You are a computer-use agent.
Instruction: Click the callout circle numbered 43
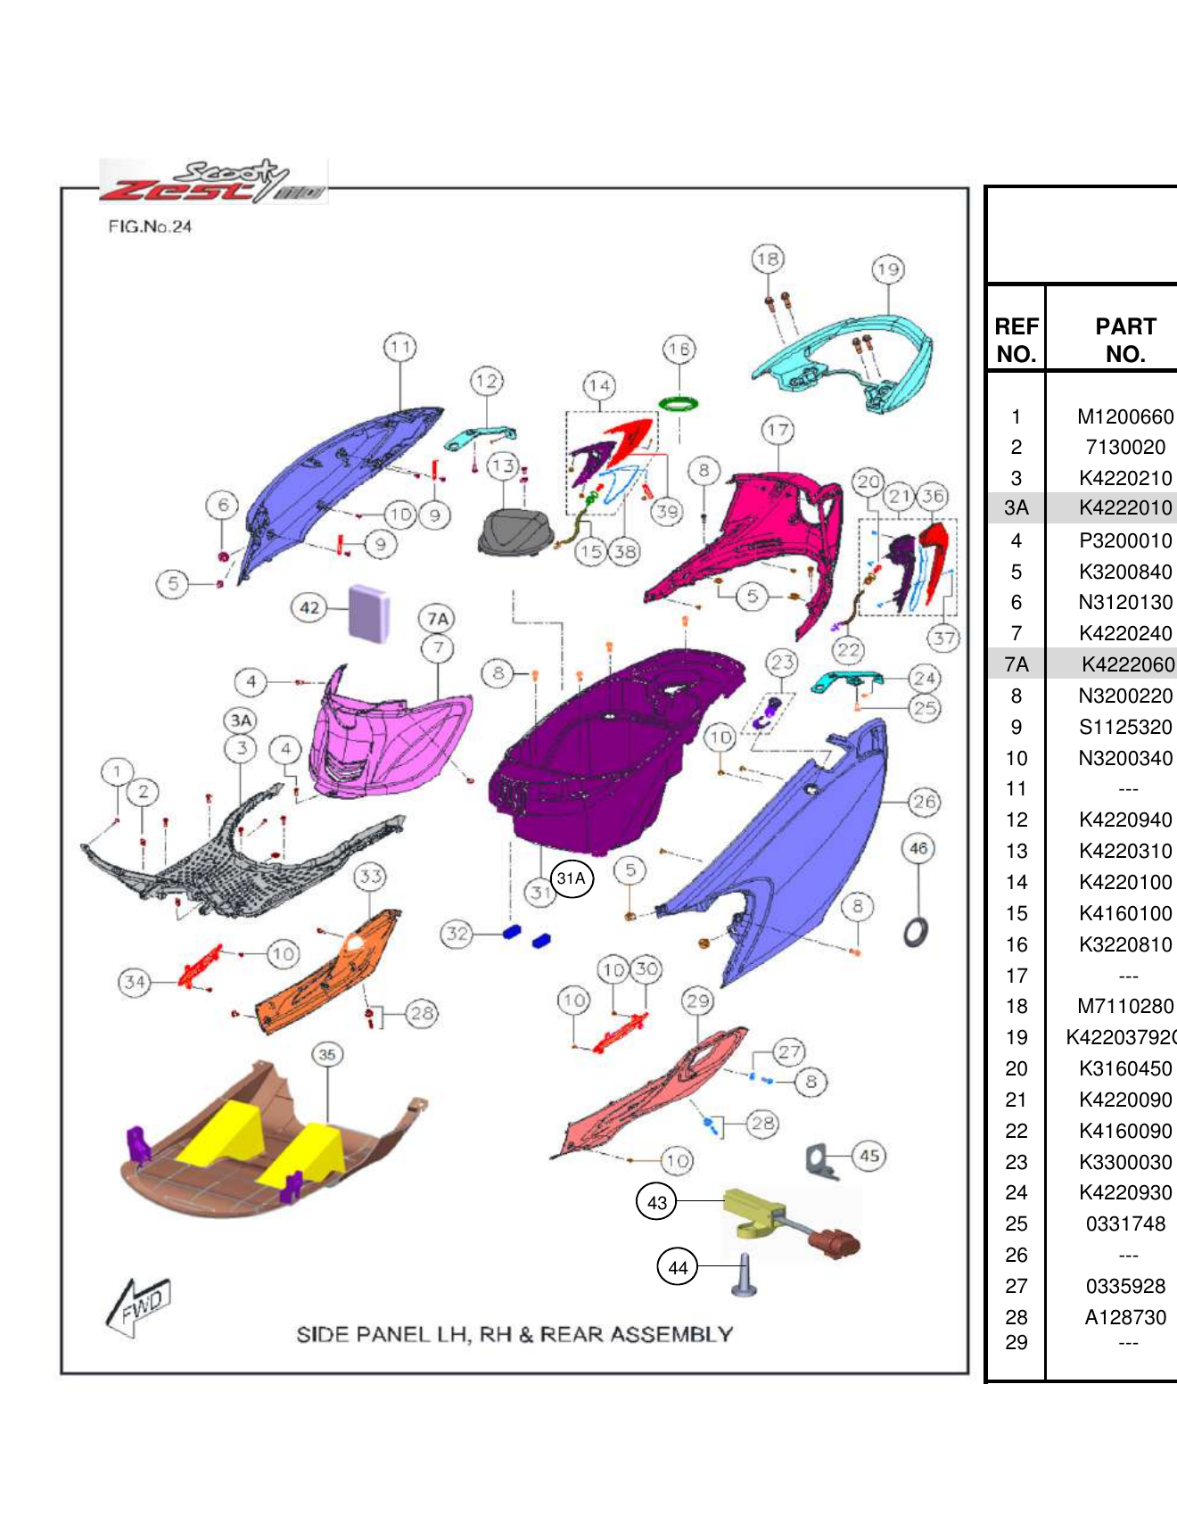click(656, 1202)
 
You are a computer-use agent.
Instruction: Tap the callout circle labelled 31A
click(571, 878)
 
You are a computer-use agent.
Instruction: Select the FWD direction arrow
click(138, 1307)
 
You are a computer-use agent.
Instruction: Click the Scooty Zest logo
click(212, 182)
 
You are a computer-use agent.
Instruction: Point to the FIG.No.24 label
click(150, 227)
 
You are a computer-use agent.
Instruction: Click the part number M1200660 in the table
click(1125, 416)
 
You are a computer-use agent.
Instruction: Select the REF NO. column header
click(1017, 340)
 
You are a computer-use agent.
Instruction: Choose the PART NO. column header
click(1125, 340)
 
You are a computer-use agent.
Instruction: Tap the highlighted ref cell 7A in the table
click(1017, 664)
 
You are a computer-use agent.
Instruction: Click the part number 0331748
click(1125, 1224)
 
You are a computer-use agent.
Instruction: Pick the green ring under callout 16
click(679, 404)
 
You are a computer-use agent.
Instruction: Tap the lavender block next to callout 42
click(368, 612)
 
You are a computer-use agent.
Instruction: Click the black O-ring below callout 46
click(916, 932)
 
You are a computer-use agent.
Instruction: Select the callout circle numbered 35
click(327, 1054)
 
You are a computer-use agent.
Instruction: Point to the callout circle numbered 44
click(678, 1267)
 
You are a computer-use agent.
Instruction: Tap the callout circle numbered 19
click(888, 269)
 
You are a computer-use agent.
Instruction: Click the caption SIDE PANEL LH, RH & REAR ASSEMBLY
click(514, 1334)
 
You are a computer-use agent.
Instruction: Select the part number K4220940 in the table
click(1125, 820)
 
